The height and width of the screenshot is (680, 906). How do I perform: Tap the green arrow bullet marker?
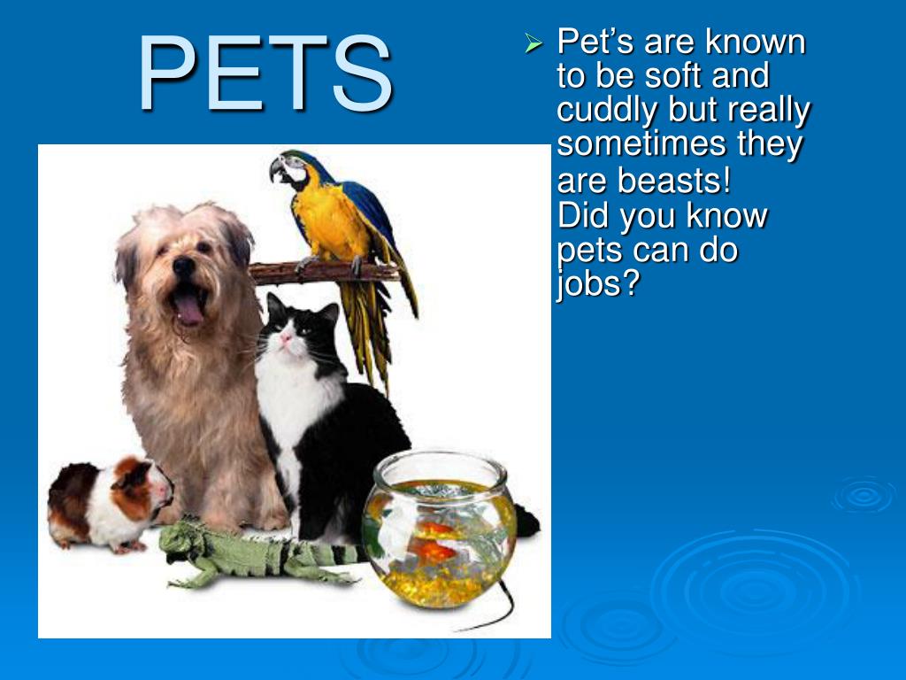click(533, 42)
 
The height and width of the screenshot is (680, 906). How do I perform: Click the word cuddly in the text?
click(607, 111)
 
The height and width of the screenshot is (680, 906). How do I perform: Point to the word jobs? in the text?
click(597, 286)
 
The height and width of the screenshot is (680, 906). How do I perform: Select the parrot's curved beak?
click(277, 169)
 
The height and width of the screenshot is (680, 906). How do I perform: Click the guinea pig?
click(111, 500)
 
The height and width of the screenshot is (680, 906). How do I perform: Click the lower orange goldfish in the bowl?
click(431, 552)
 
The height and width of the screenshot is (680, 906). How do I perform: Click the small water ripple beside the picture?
click(863, 496)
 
